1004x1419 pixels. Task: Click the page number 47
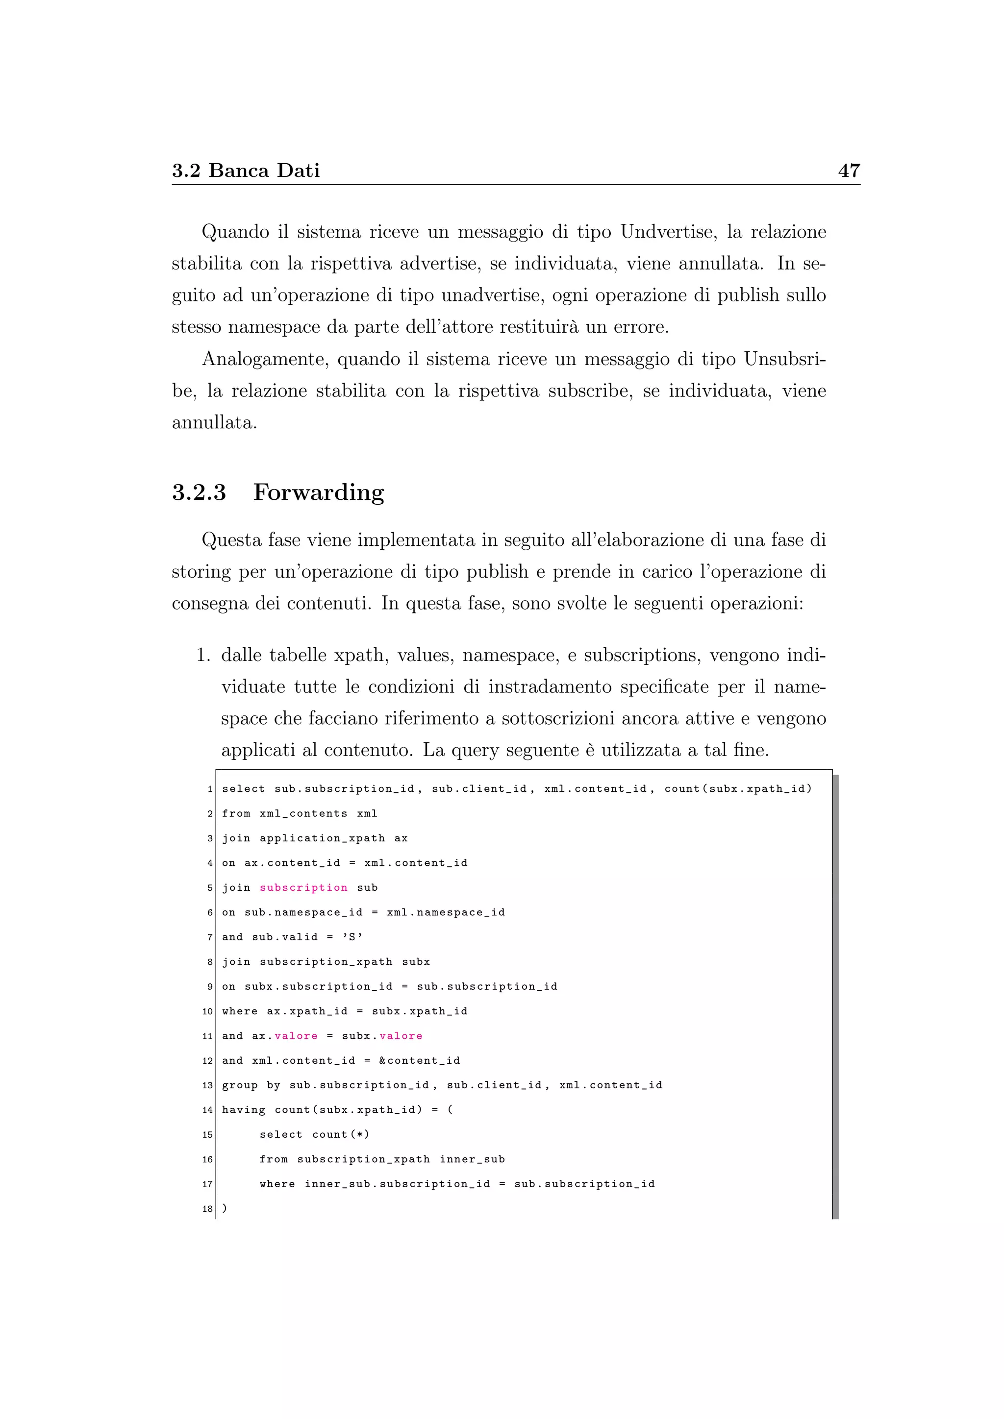point(849,171)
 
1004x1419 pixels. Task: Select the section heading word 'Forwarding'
point(318,492)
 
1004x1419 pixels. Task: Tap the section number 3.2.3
point(199,492)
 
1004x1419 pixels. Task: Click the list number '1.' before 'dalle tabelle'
point(203,655)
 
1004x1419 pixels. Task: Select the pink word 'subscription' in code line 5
point(303,887)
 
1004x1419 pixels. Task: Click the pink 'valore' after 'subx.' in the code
point(401,1036)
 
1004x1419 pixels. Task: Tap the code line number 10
point(207,1012)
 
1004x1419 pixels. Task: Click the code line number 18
point(207,1209)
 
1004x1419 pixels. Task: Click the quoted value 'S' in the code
point(352,937)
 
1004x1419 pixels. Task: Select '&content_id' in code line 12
point(419,1060)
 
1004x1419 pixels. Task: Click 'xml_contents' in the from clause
point(303,813)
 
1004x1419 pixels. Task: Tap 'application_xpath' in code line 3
point(322,838)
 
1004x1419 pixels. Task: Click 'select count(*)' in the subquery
point(314,1135)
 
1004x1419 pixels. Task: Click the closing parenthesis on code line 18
point(225,1208)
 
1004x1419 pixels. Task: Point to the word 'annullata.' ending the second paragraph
point(214,423)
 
